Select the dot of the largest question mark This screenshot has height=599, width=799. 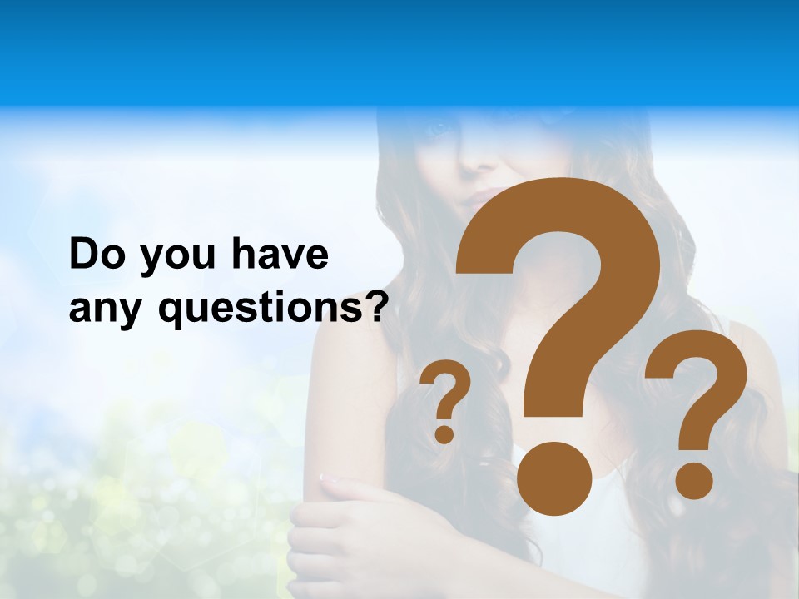(554, 480)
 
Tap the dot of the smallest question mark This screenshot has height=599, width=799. (444, 433)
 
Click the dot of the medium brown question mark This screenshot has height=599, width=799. (693, 480)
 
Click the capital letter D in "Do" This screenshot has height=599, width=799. (84, 255)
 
